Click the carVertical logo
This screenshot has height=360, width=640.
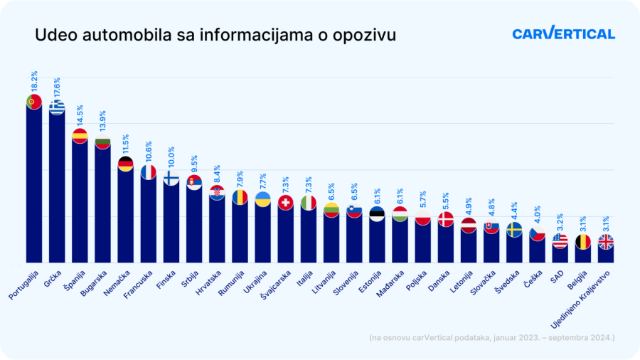[563, 33]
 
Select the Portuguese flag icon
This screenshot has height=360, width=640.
[33, 102]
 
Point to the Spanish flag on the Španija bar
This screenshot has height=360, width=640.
[80, 136]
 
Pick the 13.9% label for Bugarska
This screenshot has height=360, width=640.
[103, 122]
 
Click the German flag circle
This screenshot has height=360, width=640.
[125, 164]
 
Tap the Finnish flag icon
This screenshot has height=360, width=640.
[171, 178]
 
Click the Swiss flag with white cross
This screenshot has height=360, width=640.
[286, 203]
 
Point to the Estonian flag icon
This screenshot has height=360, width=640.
[377, 214]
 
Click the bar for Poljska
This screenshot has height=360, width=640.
[423, 242]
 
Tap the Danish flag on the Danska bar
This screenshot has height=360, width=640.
[446, 219]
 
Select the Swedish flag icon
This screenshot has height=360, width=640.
[514, 230]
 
